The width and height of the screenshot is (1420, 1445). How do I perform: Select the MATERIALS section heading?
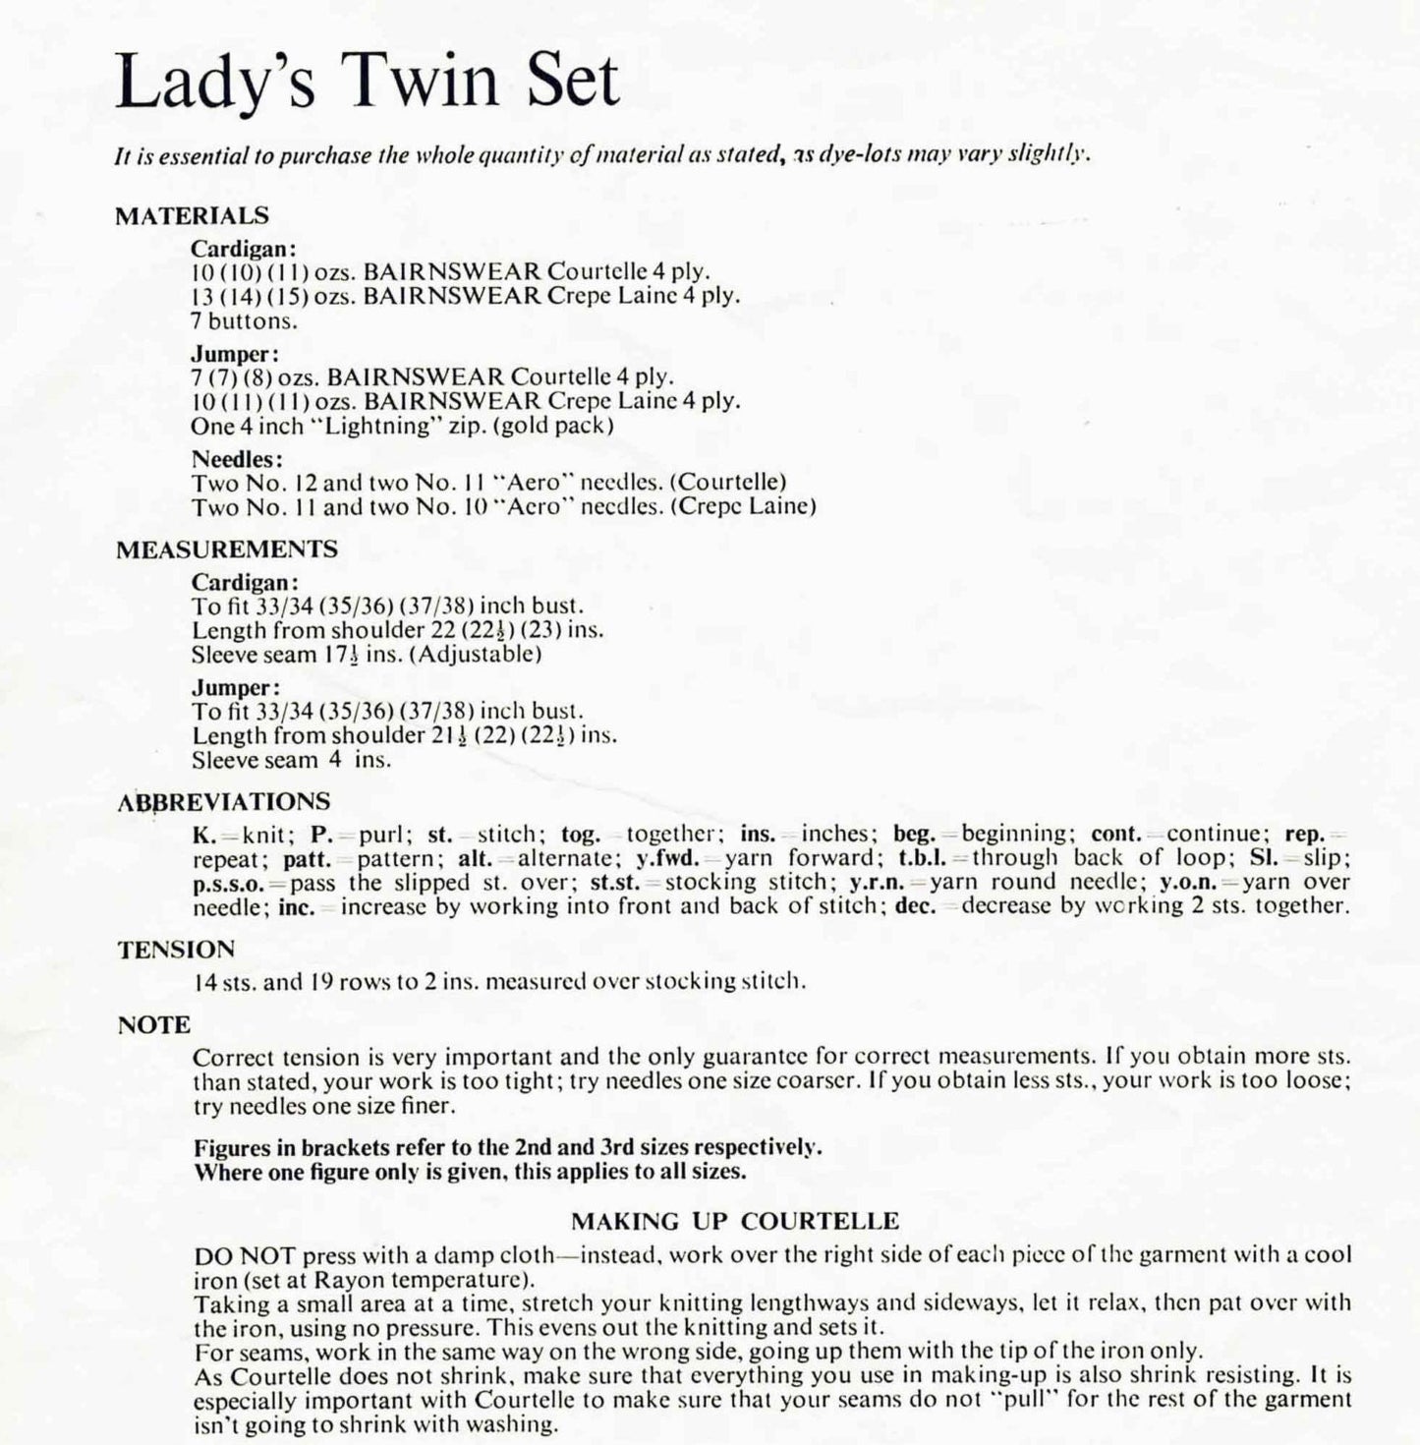pyautogui.click(x=192, y=216)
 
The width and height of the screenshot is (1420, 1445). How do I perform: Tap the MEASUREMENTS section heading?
pyautogui.click(x=227, y=549)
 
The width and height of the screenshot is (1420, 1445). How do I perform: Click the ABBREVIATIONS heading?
pyautogui.click(x=224, y=802)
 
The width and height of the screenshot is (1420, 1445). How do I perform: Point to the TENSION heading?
pyautogui.click(x=177, y=950)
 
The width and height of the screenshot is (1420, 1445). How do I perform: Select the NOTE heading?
pyautogui.click(x=154, y=1025)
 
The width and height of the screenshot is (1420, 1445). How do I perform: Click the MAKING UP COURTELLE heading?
pyautogui.click(x=735, y=1222)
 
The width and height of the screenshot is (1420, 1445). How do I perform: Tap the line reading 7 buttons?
pyautogui.click(x=245, y=320)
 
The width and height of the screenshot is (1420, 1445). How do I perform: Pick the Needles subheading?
pyautogui.click(x=237, y=459)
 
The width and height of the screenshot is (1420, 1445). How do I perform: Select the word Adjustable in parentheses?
pyautogui.click(x=477, y=654)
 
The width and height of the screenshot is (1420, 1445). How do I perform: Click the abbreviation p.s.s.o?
pyautogui.click(x=235, y=883)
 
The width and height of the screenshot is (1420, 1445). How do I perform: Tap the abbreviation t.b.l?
pyautogui.click(x=929, y=858)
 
